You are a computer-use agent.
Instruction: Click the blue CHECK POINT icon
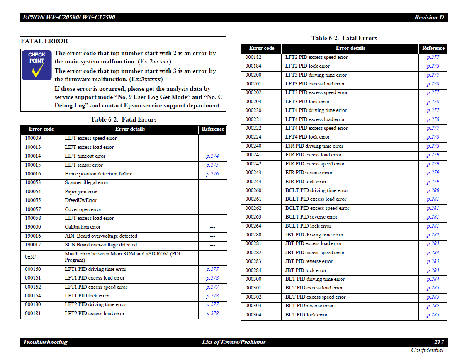click(36, 65)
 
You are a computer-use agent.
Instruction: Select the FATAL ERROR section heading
click(44, 41)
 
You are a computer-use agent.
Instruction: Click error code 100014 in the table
click(33, 156)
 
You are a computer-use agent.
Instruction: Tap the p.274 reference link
click(212, 156)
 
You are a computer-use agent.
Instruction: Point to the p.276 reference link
click(212, 174)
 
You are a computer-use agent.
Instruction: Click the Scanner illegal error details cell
click(87, 182)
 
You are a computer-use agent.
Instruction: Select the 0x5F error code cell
click(30, 257)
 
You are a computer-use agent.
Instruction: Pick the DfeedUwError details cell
click(81, 200)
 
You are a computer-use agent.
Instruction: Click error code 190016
click(33, 236)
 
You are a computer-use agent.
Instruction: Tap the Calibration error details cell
click(83, 227)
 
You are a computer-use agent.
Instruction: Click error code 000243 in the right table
click(253, 173)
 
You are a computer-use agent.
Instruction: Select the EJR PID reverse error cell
click(309, 173)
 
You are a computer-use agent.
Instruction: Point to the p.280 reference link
click(433, 190)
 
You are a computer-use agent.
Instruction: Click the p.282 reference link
click(433, 235)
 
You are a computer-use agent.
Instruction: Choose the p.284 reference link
click(433, 279)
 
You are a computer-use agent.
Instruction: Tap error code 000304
click(253, 315)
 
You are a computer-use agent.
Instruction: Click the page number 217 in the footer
click(439, 342)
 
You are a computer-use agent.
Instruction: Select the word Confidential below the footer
click(427, 350)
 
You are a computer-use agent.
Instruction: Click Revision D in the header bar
click(429, 17)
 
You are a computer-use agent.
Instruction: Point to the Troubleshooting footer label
click(45, 342)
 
